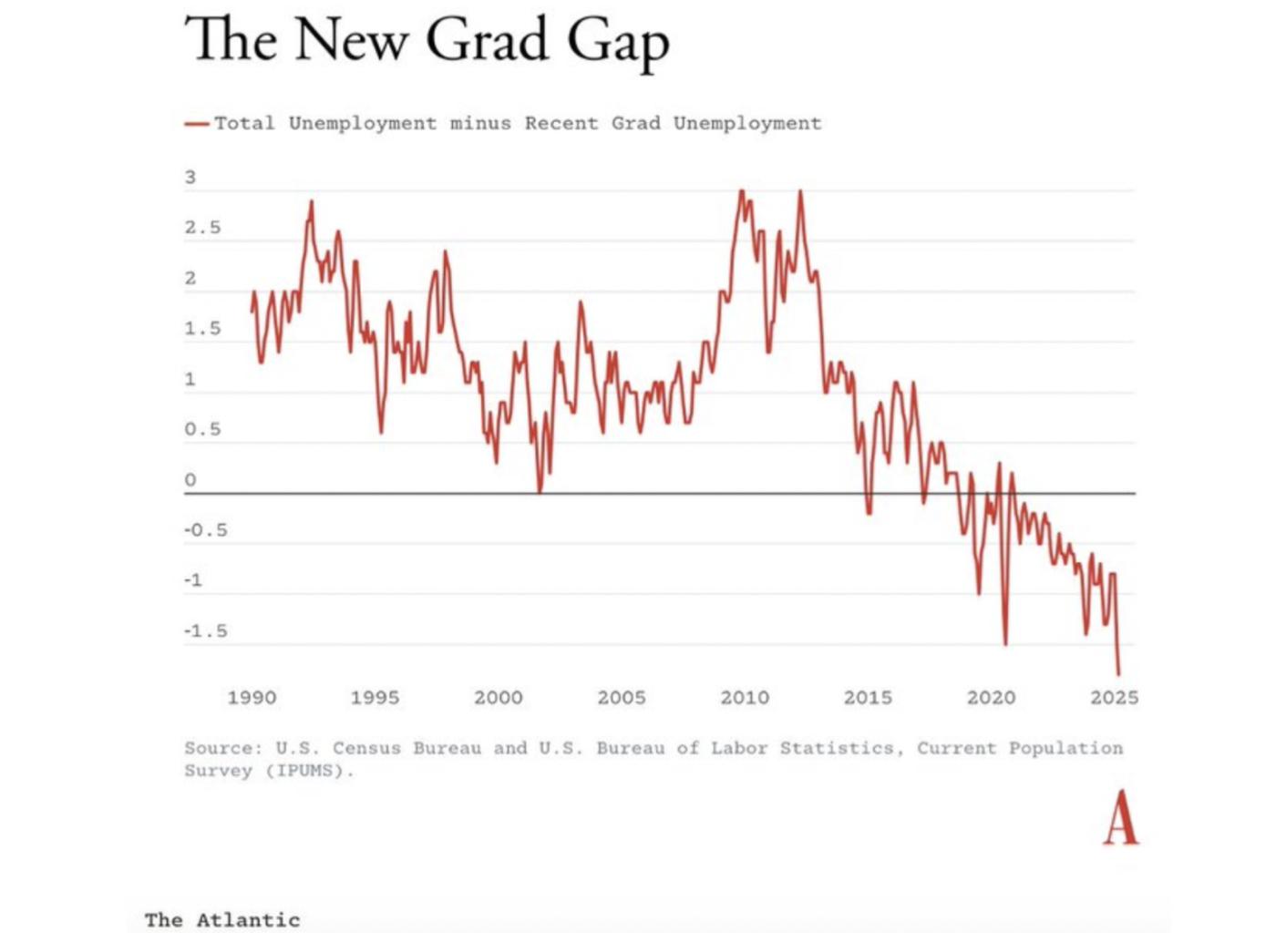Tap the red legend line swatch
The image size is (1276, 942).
click(x=197, y=124)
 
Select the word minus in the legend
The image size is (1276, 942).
click(x=479, y=124)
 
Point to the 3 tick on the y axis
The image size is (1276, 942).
click(x=190, y=178)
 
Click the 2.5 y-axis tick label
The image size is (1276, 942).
click(x=202, y=228)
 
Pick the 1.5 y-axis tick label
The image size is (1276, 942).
click(x=202, y=329)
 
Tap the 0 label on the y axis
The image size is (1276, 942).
click(x=190, y=480)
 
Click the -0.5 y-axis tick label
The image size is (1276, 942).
click(x=205, y=530)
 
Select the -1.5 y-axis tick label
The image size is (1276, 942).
click(x=205, y=631)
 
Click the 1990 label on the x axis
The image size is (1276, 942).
click(x=252, y=698)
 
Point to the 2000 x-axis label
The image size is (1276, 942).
click(x=498, y=698)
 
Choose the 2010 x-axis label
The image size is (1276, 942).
click(x=745, y=698)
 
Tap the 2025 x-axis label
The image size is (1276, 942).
click(x=1114, y=698)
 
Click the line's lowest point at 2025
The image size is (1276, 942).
click(x=1118, y=673)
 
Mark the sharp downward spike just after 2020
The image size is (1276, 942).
click(x=1005, y=642)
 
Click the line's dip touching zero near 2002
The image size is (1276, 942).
click(x=540, y=491)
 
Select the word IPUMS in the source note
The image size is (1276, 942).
click(x=307, y=771)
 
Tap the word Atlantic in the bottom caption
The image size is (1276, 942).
click(x=248, y=920)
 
